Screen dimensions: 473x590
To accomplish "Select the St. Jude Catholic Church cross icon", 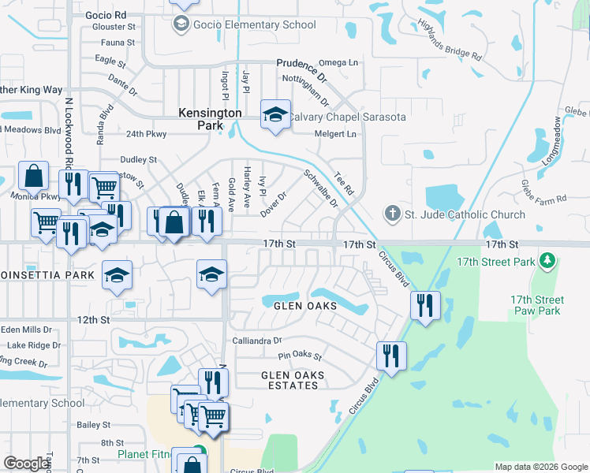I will (393, 214).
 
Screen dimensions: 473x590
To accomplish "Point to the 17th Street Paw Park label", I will (536, 305).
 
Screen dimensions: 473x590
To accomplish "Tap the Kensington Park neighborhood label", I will (210, 119).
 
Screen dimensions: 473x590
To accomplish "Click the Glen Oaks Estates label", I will (293, 381).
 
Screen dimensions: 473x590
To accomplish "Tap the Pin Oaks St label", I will (301, 356).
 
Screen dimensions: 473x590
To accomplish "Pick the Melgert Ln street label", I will (335, 134).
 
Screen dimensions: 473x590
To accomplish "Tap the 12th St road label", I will (94, 319).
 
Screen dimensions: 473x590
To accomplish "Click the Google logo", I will (26, 464).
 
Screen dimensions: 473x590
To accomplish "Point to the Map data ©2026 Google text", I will (540, 467).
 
